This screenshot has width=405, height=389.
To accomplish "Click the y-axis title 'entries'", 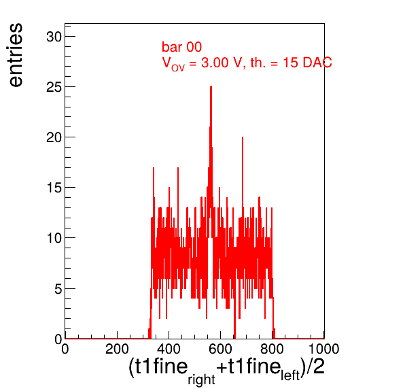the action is tap(16, 55).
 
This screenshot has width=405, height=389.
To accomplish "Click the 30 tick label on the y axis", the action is tap(54, 37).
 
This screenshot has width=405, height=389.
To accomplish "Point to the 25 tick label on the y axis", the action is tap(54, 87).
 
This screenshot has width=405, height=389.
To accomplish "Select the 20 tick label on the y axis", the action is tap(54, 138).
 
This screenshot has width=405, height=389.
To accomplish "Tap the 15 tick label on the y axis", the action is tap(54, 188).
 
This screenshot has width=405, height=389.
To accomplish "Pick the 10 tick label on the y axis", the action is tap(54, 238).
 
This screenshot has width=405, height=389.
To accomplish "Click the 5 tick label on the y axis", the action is tap(58, 289).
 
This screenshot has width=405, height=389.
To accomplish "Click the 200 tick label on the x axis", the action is tap(117, 349).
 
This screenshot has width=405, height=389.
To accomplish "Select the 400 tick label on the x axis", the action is tap(169, 349).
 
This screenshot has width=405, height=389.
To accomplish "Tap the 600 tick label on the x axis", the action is tap(220, 349).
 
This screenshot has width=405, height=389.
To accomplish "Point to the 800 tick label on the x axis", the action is tap(272, 349).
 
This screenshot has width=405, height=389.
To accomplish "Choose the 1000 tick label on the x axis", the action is tap(324, 349).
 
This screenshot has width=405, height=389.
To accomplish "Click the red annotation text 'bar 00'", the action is tap(181, 47).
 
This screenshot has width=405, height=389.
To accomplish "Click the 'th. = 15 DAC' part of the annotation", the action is tap(291, 63).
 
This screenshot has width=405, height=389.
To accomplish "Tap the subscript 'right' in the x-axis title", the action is tap(201, 379).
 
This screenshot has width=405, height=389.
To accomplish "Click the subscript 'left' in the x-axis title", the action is tap(290, 375).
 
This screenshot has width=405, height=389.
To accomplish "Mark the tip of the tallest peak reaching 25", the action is tap(211, 86).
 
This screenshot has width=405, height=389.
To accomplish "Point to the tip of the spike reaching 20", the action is tap(243, 137).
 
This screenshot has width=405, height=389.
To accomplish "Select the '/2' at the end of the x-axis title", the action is tap(315, 367).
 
